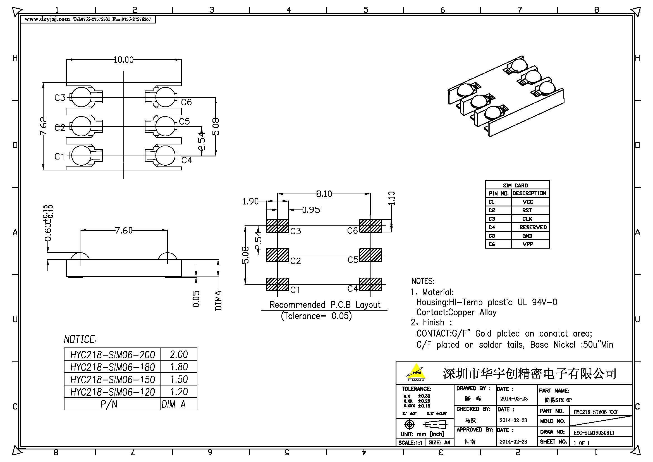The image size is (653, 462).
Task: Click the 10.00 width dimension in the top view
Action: point(123,60)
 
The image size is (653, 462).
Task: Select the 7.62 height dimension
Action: point(43,126)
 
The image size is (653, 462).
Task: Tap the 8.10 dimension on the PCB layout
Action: point(324,194)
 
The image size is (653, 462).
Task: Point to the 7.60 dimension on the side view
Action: point(124,230)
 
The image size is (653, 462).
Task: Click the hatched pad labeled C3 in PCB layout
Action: point(277,226)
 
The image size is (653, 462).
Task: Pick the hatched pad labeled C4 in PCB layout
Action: point(370,284)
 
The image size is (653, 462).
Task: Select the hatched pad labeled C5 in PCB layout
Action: point(370,255)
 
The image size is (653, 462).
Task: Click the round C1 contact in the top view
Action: point(81,156)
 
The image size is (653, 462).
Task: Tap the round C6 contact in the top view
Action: point(166,97)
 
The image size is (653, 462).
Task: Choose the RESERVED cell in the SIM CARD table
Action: point(533,227)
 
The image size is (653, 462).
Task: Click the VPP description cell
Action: point(528,244)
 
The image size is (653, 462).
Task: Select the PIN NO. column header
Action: point(498,194)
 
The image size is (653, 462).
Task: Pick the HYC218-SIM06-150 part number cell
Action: point(112,380)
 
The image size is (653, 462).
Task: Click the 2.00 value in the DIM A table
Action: point(179,354)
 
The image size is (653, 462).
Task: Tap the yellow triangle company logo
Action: point(416,372)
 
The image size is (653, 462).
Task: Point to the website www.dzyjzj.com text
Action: point(47,19)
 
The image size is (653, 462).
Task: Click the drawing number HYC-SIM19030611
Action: point(594,433)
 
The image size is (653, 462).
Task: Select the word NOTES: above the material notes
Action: point(423,281)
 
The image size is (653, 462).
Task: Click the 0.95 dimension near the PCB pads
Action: point(311,210)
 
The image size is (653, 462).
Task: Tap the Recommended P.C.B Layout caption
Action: point(325,305)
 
